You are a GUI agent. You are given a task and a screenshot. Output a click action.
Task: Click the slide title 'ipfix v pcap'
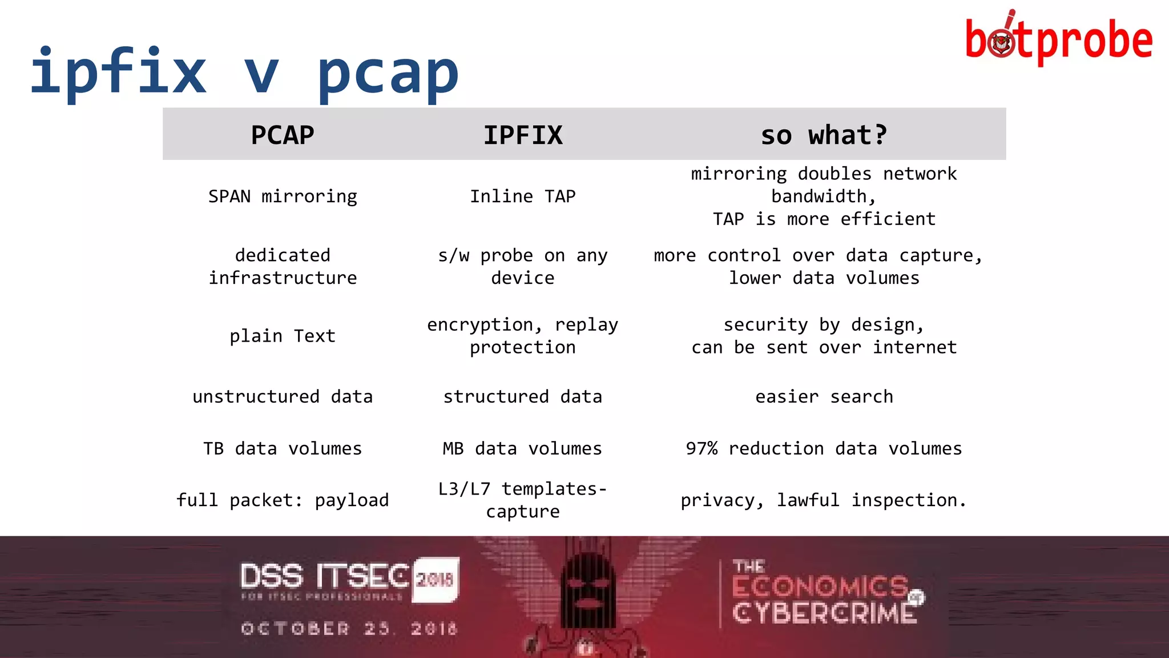coord(244,73)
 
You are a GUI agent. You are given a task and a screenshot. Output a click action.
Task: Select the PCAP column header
coord(283,135)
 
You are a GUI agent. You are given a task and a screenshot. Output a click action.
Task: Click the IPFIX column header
coord(523,135)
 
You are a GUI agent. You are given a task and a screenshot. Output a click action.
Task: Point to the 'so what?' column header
coord(824,135)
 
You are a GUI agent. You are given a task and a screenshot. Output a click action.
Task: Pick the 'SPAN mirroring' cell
coord(283,196)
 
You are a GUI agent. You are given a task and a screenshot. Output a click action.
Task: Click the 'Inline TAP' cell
coord(523,196)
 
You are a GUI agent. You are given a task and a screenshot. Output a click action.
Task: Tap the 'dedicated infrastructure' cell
coord(283,267)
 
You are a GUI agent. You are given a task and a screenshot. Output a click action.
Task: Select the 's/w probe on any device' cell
coord(523,267)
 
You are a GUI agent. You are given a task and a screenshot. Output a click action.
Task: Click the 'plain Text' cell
coord(283,336)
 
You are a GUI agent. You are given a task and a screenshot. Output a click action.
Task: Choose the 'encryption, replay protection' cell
coord(523,336)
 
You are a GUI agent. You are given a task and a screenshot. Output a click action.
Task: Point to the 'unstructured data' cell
coord(283,397)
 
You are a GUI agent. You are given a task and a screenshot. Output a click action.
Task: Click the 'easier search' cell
coord(824,397)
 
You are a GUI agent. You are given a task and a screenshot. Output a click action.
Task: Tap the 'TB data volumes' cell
coord(283,449)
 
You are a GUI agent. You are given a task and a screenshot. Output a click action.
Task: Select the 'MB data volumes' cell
coord(523,449)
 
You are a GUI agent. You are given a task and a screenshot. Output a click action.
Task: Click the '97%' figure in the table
coord(702,449)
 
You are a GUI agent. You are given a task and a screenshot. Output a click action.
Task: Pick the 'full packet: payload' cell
coord(283,500)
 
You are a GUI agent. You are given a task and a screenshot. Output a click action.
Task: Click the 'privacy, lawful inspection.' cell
coord(824,500)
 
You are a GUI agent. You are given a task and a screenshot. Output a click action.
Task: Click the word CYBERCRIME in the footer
coord(824,613)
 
